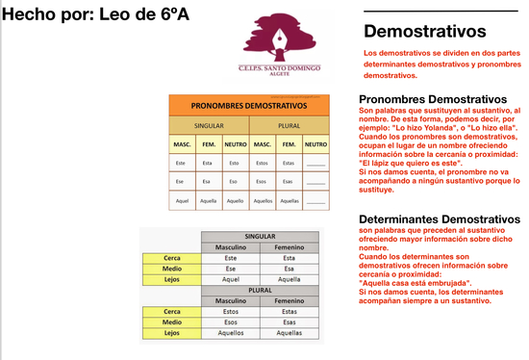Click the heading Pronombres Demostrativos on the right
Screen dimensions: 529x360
(x=432, y=99)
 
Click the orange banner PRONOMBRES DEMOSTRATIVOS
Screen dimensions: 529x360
(x=248, y=105)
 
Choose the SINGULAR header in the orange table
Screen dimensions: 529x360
(x=209, y=125)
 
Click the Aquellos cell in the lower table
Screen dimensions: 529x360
(x=230, y=332)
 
